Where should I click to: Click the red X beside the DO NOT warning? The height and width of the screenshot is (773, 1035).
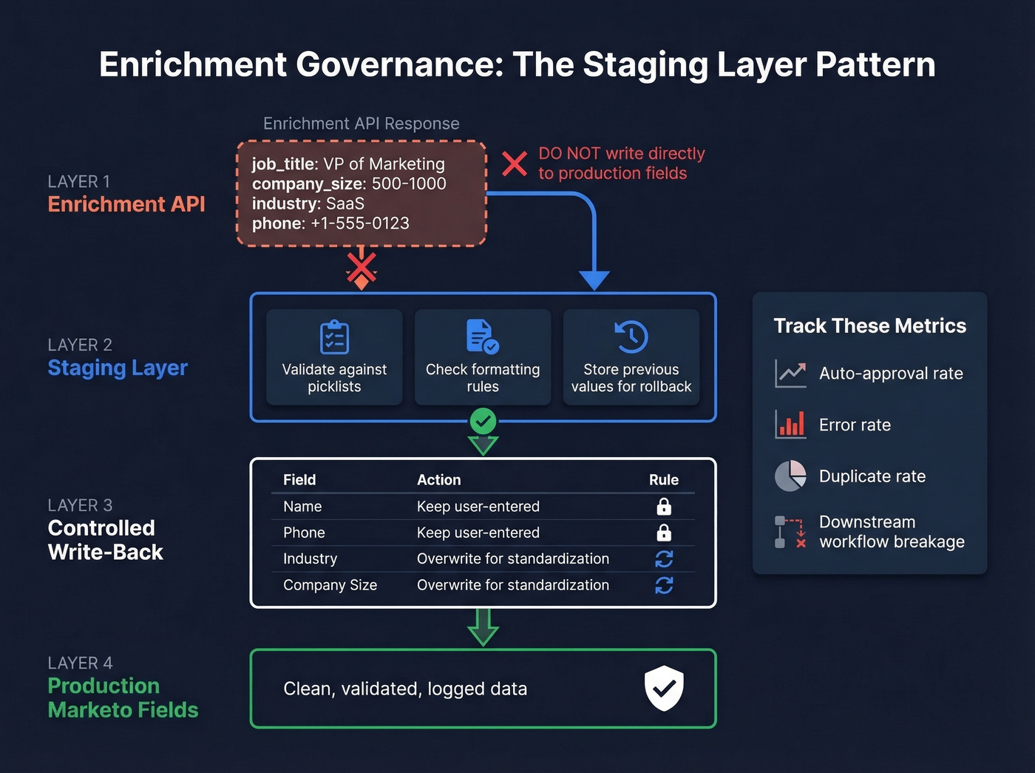pos(515,163)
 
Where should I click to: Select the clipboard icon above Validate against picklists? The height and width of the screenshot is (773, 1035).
pos(334,337)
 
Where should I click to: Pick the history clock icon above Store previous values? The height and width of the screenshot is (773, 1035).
pos(631,337)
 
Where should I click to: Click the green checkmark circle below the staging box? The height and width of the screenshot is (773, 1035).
pos(483,422)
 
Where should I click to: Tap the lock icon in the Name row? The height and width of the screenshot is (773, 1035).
pos(664,507)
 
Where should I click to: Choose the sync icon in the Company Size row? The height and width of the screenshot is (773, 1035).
pos(664,585)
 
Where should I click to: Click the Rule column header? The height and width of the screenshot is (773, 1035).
pos(663,480)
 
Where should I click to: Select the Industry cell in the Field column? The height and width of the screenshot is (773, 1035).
pos(310,559)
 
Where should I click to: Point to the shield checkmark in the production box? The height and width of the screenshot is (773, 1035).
pos(664,688)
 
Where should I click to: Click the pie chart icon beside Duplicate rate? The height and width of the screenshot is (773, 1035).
pos(790,476)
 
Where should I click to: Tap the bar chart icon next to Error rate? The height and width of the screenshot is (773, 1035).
pos(790,425)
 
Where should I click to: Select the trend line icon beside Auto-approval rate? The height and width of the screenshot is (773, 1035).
pos(790,373)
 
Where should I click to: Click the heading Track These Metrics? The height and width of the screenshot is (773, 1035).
pos(869,326)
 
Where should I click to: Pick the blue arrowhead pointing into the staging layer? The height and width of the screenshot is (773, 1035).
pos(594,280)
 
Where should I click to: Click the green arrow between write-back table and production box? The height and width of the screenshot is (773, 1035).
pos(483,627)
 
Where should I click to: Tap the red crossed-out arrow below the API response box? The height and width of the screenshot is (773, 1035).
pos(362,270)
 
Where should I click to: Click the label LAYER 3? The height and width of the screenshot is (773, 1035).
pos(80,505)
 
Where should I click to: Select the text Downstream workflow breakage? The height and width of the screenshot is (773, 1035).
pos(892,532)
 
